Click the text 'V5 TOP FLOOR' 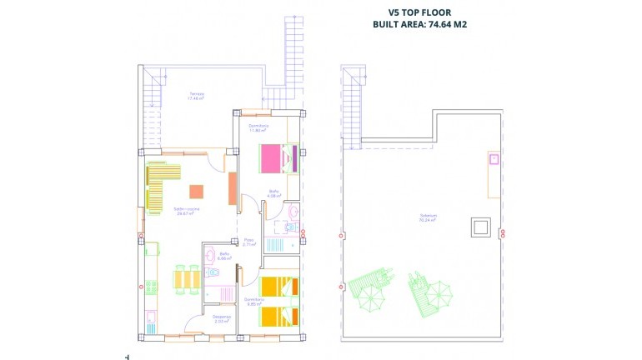(419, 13)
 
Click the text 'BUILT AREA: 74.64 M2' (419, 25)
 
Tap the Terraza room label (196, 96)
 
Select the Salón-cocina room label (185, 210)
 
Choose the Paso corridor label (248, 242)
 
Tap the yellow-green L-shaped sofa (160, 182)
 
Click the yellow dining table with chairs (186, 278)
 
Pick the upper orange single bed (278, 287)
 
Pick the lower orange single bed (278, 316)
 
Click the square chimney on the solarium (480, 227)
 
